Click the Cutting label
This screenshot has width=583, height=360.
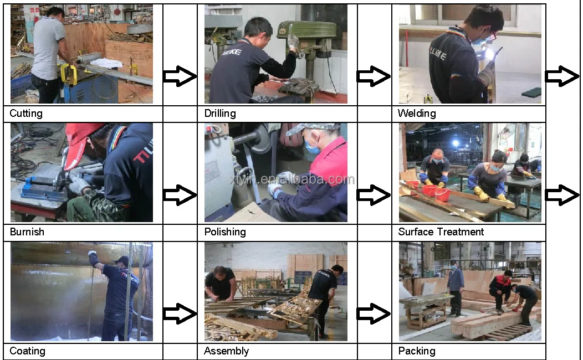coord(26,114)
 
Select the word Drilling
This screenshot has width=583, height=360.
coord(220,114)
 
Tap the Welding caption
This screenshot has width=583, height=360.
coord(417,114)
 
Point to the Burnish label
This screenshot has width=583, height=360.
coord(27,232)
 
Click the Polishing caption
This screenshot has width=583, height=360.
coord(225,232)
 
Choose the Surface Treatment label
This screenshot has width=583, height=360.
coord(441,232)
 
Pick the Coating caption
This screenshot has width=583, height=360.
coord(27,351)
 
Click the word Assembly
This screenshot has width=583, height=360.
coord(226,351)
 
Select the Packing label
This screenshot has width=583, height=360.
coord(417,351)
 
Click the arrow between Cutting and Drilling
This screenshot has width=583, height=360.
coord(180,76)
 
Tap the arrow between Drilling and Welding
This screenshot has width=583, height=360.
coord(373,76)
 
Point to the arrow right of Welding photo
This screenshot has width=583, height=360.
coord(561,76)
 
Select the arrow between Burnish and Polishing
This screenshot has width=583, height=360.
coord(180,195)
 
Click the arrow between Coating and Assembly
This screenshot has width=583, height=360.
coord(180,314)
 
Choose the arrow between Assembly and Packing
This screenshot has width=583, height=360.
coord(373,314)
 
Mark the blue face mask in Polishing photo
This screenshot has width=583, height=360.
coord(313,148)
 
